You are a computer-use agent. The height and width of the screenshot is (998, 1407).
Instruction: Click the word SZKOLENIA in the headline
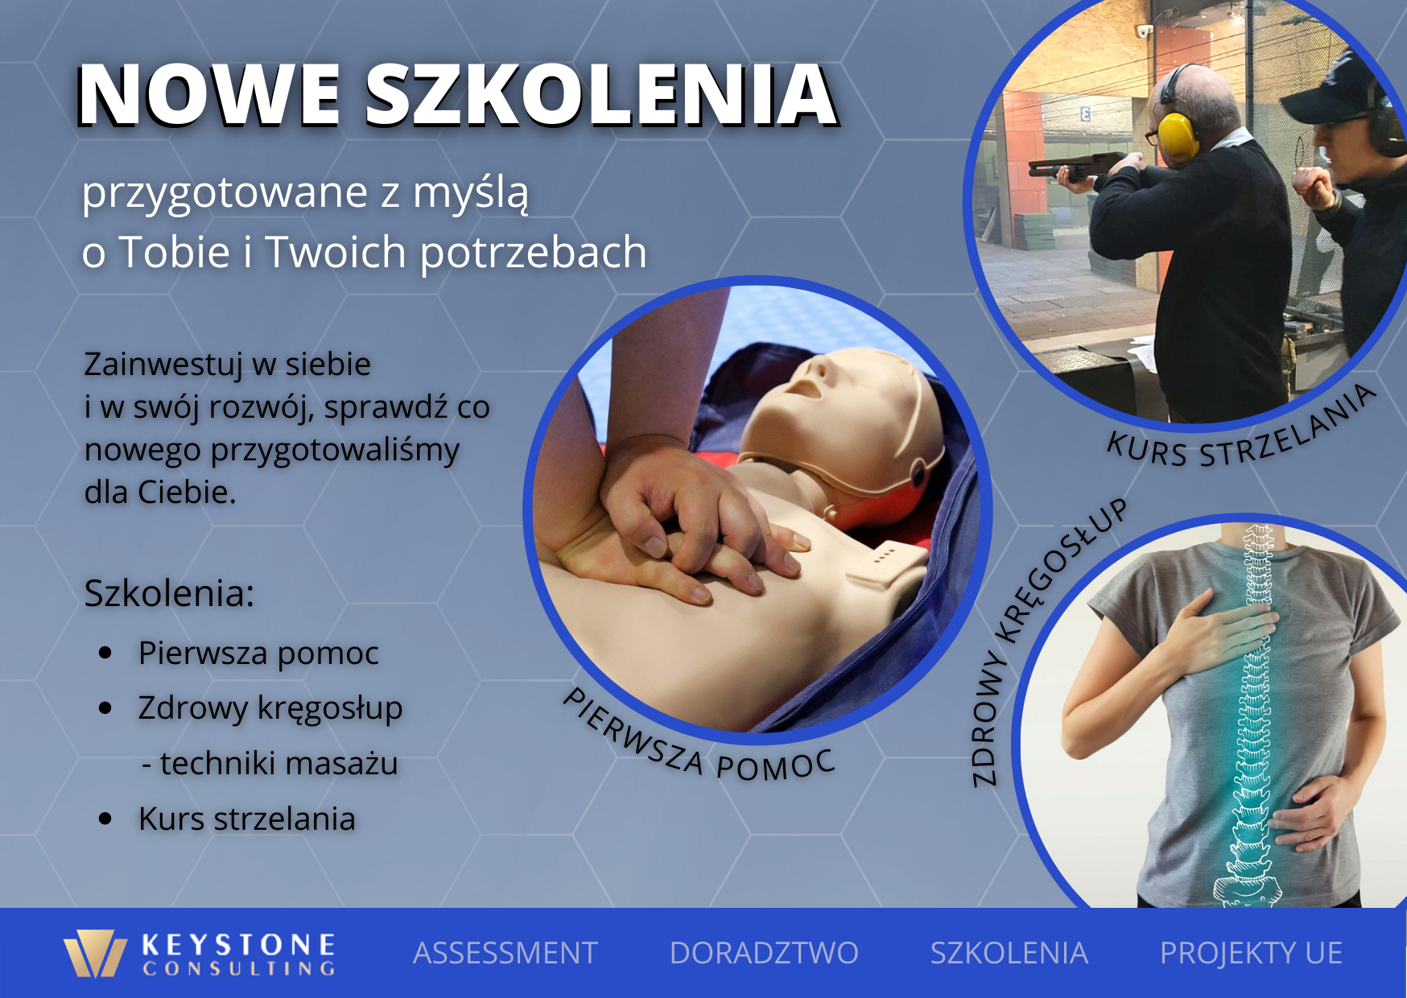(602, 95)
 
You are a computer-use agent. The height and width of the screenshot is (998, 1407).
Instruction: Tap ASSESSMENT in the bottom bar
(505, 953)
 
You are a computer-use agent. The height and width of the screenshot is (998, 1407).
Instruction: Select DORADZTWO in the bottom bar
(764, 953)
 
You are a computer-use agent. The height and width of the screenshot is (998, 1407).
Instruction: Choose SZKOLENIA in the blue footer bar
(1009, 953)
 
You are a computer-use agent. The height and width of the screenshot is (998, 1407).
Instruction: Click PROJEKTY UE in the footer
(1251, 953)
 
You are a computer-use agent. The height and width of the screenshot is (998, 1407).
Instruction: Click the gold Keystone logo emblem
(96, 954)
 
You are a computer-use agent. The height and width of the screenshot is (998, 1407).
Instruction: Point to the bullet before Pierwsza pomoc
(105, 653)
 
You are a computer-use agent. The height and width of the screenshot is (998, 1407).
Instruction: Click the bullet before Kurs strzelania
(105, 819)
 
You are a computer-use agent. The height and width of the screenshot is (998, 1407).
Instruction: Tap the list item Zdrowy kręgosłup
(270, 709)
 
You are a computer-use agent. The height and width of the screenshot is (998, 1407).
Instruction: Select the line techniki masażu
(270, 763)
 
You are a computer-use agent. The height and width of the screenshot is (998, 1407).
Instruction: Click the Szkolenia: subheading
(170, 593)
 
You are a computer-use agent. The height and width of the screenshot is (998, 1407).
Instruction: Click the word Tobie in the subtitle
(175, 252)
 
